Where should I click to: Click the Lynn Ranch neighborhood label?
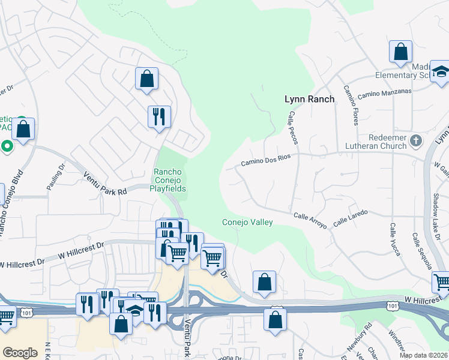coord(309,99)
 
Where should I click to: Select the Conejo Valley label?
coord(247,222)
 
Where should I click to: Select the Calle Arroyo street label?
coord(310,221)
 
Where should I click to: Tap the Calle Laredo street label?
coord(349,217)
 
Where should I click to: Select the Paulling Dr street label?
coord(59,178)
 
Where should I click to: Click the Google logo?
coord(20,352)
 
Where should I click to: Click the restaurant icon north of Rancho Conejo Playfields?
coord(159,116)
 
